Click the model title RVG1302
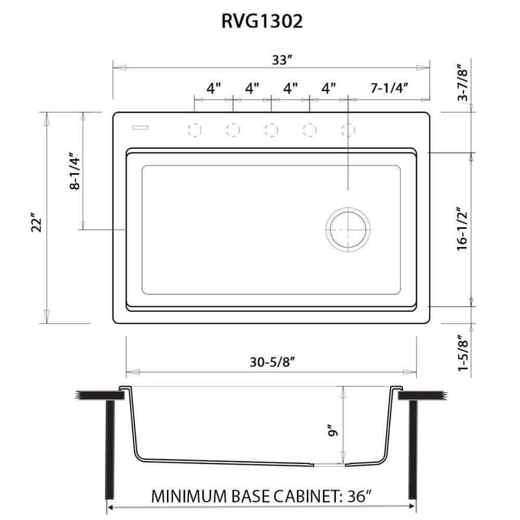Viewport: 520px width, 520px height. (x=260, y=22)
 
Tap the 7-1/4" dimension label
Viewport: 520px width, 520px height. (x=389, y=88)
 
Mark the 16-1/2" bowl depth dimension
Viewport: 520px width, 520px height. (x=463, y=229)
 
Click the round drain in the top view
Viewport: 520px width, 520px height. (x=348, y=229)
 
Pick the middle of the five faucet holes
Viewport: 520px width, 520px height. (x=271, y=130)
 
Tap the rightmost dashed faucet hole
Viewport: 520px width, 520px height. (x=348, y=130)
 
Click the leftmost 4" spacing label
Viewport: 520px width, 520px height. (x=214, y=88)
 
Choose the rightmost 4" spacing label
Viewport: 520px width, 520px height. (x=329, y=88)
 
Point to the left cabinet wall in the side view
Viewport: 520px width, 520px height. (x=110, y=448)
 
